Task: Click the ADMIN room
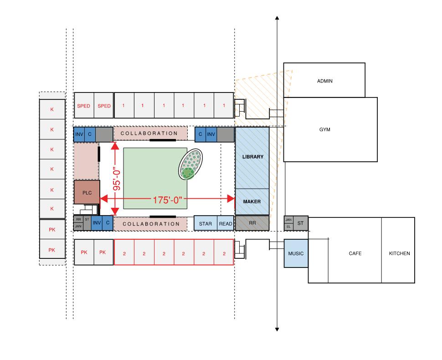(324, 81)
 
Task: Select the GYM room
(324, 129)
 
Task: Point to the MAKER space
(252, 201)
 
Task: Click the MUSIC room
(296, 253)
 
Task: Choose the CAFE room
(355, 253)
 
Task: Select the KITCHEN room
(399, 253)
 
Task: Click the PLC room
(87, 192)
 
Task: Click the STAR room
(206, 224)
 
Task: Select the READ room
(226, 224)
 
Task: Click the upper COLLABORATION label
(149, 133)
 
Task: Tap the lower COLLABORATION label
(151, 224)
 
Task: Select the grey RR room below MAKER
(252, 223)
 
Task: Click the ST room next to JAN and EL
(301, 223)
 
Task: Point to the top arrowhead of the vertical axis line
(277, 18)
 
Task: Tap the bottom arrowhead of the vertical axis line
(277, 329)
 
